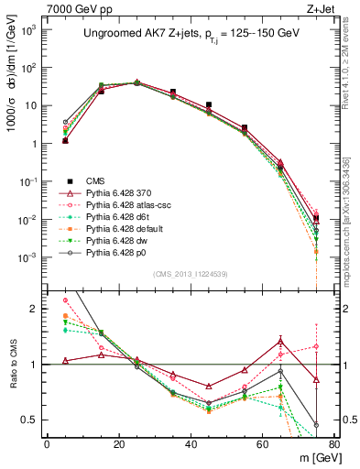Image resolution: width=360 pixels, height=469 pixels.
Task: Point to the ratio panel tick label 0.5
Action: click(32, 420)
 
